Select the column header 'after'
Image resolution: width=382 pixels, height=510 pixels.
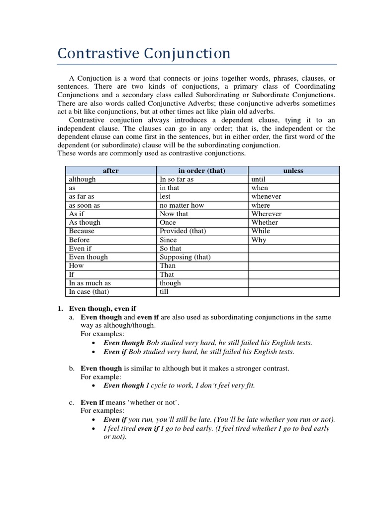point(110,170)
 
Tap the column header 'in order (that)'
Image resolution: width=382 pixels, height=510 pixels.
point(201,170)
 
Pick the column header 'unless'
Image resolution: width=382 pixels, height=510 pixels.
point(293,170)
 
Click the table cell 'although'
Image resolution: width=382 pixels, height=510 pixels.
point(83,179)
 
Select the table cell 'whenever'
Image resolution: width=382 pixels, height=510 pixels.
point(266,196)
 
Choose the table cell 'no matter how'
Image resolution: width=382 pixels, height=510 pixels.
point(182,205)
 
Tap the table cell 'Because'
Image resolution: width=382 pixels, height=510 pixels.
point(82,231)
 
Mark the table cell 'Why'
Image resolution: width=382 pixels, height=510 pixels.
point(259,240)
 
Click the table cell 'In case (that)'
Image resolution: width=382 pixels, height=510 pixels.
point(89,291)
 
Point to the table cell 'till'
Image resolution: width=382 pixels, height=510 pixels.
point(164,291)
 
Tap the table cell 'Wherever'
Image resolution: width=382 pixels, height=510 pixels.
point(266,214)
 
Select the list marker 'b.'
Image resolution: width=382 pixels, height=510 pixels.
point(72,369)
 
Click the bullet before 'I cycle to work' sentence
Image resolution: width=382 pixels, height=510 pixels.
point(95,385)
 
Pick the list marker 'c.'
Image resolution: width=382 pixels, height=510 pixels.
point(72,402)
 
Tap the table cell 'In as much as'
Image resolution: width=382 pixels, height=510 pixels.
point(90,283)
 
